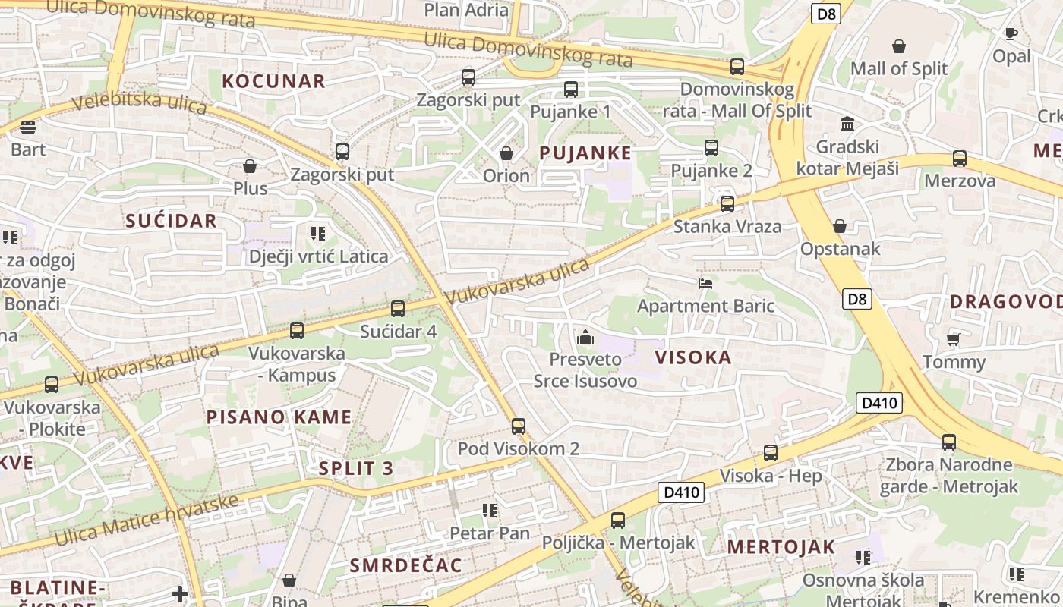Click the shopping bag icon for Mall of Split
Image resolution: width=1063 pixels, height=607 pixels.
click(x=899, y=46)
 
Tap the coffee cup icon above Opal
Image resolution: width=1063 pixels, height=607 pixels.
click(x=1011, y=33)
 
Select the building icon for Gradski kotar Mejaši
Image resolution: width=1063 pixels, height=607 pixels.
click(x=847, y=124)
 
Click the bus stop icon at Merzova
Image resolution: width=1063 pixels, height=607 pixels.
click(x=960, y=159)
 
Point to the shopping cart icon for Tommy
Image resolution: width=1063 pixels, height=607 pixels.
click(x=953, y=339)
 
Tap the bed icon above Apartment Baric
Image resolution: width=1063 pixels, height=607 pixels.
click(x=705, y=284)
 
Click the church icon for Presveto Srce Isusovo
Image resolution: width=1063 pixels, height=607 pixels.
click(x=585, y=336)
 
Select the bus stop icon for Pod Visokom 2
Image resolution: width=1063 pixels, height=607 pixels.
click(x=519, y=426)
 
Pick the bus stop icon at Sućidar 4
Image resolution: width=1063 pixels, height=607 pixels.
click(x=398, y=309)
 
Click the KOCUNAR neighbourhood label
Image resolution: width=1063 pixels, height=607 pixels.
click(x=273, y=81)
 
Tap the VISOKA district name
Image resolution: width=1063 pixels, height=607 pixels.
click(x=693, y=357)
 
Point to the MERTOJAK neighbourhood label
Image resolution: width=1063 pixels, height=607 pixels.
click(x=781, y=546)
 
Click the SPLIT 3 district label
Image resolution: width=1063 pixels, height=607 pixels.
click(x=356, y=468)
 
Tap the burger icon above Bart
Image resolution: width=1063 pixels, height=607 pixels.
click(x=28, y=127)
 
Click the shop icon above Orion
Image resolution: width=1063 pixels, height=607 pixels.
click(x=506, y=154)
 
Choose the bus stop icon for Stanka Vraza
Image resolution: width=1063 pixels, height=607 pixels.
click(x=727, y=203)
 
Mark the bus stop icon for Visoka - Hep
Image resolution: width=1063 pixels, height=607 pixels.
click(x=771, y=453)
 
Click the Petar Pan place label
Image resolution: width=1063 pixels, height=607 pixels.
click(x=490, y=533)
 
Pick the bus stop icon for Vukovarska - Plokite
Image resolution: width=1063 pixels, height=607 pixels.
click(x=52, y=385)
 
